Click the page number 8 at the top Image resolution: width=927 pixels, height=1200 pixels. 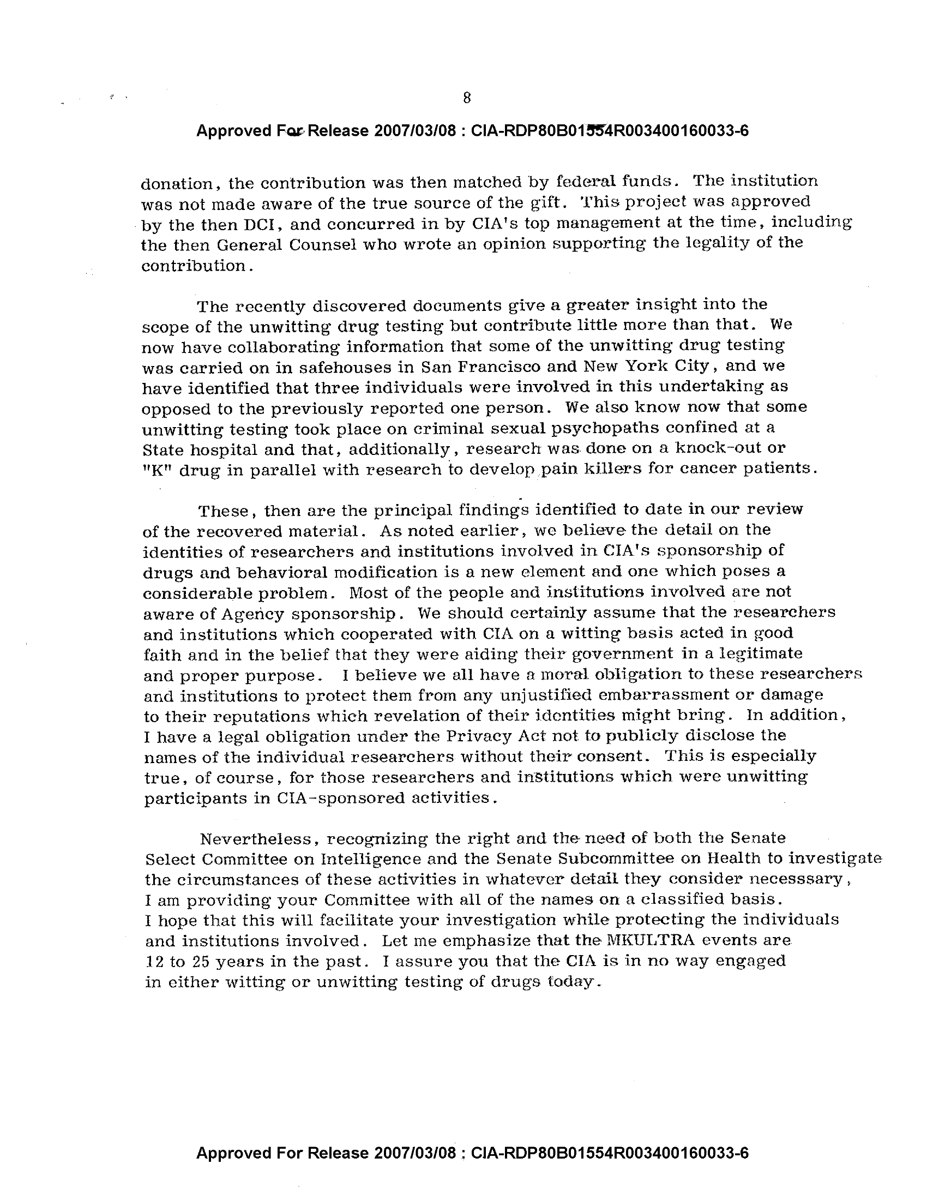coord(467,98)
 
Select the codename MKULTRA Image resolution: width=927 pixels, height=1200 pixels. coord(651,941)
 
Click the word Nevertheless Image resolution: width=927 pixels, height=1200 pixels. coord(257,839)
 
